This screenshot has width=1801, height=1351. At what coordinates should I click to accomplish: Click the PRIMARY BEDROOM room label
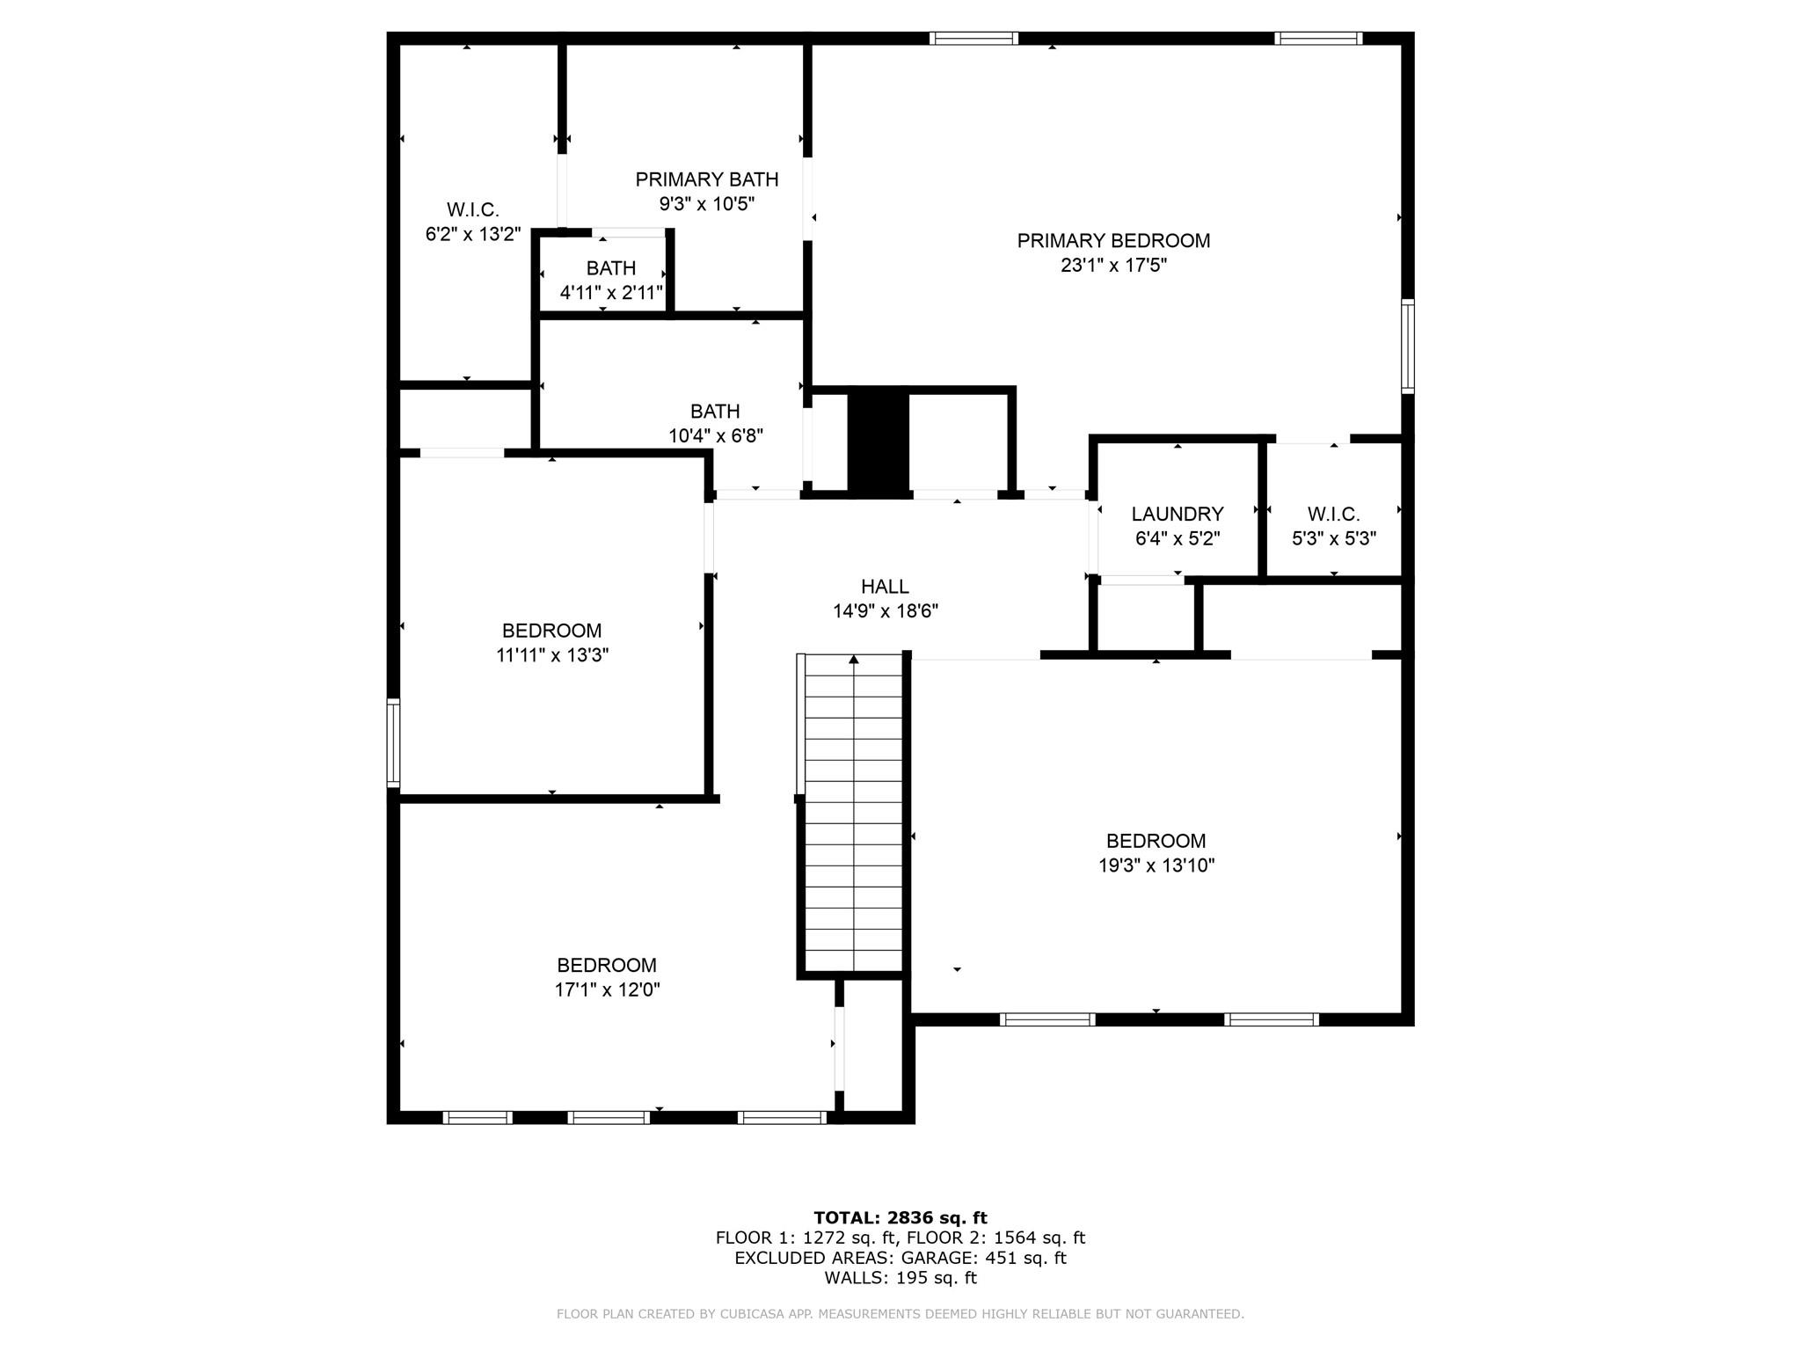click(1113, 240)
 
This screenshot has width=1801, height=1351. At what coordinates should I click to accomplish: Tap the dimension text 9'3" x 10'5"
click(707, 204)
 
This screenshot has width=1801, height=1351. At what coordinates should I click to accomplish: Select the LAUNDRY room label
click(1177, 514)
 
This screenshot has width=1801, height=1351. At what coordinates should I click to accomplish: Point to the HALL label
click(885, 587)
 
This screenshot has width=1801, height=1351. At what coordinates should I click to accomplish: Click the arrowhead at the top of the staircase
click(853, 659)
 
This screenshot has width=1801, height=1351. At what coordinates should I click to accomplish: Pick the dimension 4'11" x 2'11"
click(611, 293)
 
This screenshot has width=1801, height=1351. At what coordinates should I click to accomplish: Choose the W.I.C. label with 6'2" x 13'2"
click(473, 209)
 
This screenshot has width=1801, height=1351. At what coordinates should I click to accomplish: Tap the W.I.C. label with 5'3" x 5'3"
click(1333, 514)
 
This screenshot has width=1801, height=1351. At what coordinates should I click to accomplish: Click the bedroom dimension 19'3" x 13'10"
click(1156, 865)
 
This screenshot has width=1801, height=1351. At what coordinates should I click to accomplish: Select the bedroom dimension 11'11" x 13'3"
click(552, 655)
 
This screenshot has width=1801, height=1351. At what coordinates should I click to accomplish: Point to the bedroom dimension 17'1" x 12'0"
click(607, 990)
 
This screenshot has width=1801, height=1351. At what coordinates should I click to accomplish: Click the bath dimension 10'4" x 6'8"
click(715, 435)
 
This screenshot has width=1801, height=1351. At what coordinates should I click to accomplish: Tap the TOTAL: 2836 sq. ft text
click(900, 1217)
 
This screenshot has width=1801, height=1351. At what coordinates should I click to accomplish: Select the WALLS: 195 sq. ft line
click(900, 1278)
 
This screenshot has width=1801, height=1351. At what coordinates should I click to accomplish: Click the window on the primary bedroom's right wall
click(1407, 345)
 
